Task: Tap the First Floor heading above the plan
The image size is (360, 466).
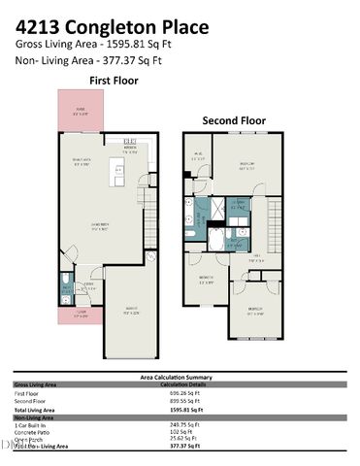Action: (x=114, y=81)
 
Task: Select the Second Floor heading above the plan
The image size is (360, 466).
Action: (x=234, y=120)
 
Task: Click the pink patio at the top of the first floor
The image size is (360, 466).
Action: (x=81, y=111)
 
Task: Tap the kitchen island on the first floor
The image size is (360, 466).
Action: (x=118, y=177)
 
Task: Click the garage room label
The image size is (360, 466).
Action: (x=130, y=312)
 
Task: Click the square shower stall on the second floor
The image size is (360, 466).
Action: (x=238, y=206)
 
